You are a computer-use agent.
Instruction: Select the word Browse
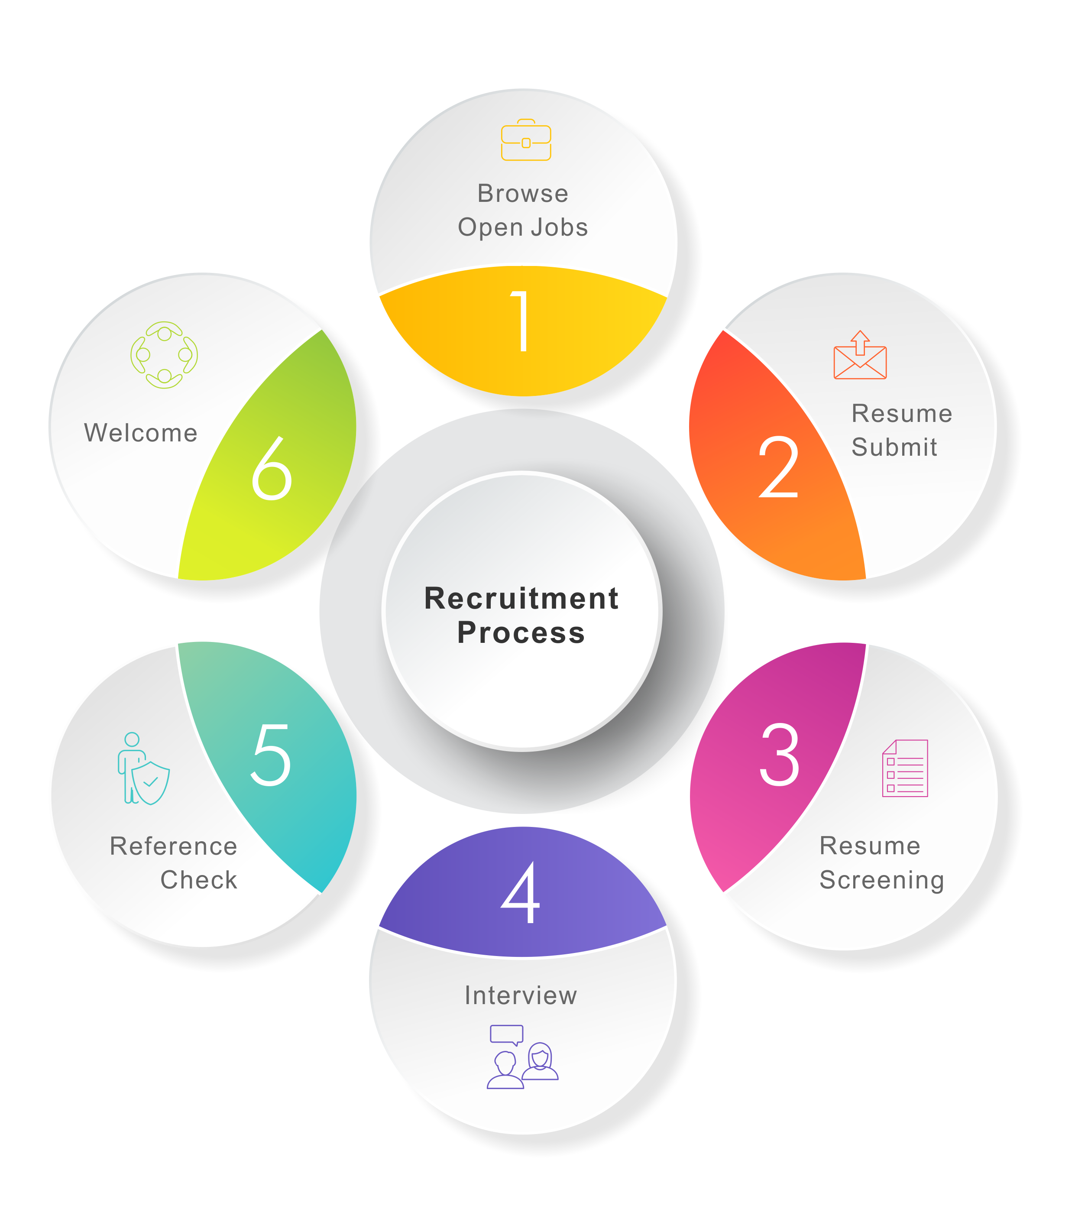pyautogui.click(x=522, y=194)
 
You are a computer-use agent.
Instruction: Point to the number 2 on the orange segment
pyautogui.click(x=778, y=467)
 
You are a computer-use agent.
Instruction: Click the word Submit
pyautogui.click(x=894, y=447)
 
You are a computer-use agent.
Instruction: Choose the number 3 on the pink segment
pyautogui.click(x=779, y=755)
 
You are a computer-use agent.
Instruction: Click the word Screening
pyautogui.click(x=881, y=880)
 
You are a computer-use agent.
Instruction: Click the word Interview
pyautogui.click(x=521, y=995)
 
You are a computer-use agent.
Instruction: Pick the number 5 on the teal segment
pyautogui.click(x=271, y=755)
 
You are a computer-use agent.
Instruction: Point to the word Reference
pyautogui.click(x=173, y=846)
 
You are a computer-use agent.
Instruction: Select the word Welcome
pyautogui.click(x=140, y=433)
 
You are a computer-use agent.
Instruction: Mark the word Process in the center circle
pyautogui.click(x=521, y=632)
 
